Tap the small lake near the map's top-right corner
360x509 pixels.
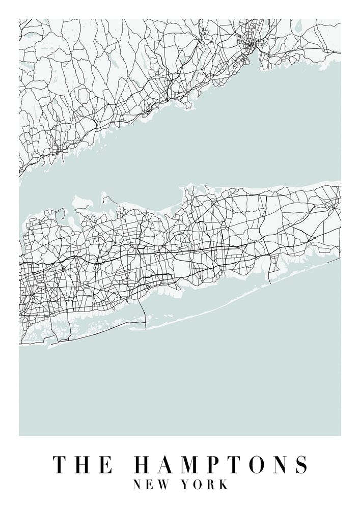pyautogui.click(x=299, y=25)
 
